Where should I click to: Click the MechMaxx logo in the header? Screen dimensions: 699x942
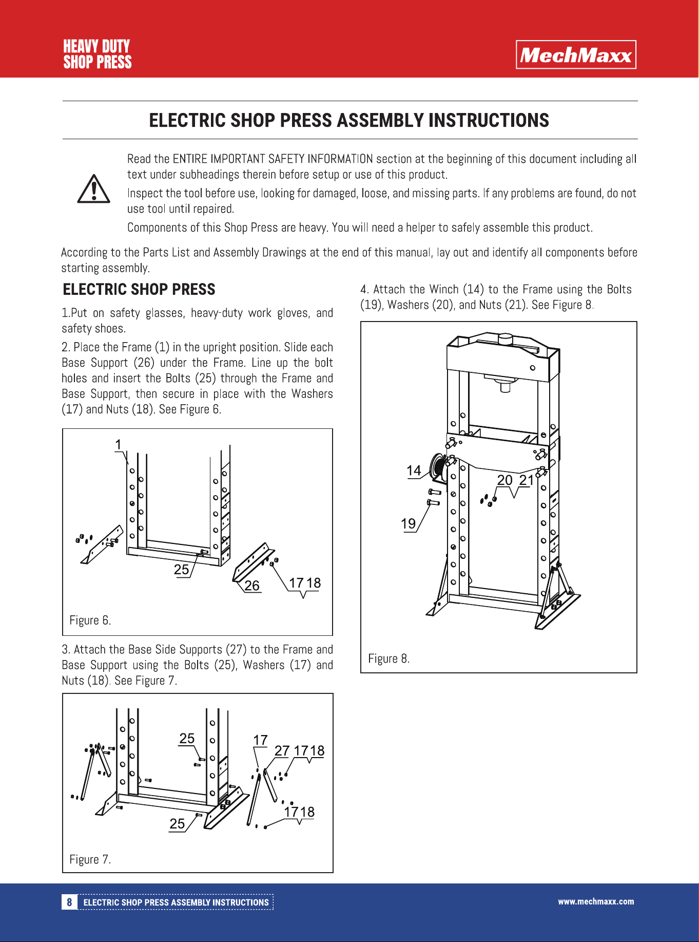click(x=576, y=54)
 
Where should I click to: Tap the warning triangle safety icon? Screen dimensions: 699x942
click(x=93, y=189)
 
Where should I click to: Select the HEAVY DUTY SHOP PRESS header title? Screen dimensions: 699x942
click(x=97, y=54)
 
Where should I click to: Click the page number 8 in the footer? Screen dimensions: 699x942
click(x=69, y=902)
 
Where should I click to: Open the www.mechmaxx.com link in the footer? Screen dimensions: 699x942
click(x=596, y=901)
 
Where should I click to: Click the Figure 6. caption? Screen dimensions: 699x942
click(x=90, y=620)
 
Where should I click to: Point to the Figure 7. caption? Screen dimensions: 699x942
click(x=90, y=859)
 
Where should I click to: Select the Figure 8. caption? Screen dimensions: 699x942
click(x=389, y=658)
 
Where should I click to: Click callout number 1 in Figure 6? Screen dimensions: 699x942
click(x=119, y=444)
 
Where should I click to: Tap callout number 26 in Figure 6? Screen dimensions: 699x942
click(x=251, y=586)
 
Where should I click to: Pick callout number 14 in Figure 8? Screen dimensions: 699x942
click(x=414, y=470)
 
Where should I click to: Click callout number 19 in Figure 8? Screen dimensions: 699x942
click(x=408, y=523)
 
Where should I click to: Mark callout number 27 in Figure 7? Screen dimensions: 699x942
click(x=282, y=751)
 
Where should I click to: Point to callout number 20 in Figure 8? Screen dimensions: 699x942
click(x=505, y=480)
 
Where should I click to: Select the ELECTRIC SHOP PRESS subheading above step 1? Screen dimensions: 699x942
click(x=139, y=289)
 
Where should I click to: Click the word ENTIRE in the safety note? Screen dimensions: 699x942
click(x=190, y=159)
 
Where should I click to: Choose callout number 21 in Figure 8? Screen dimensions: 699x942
click(x=526, y=480)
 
